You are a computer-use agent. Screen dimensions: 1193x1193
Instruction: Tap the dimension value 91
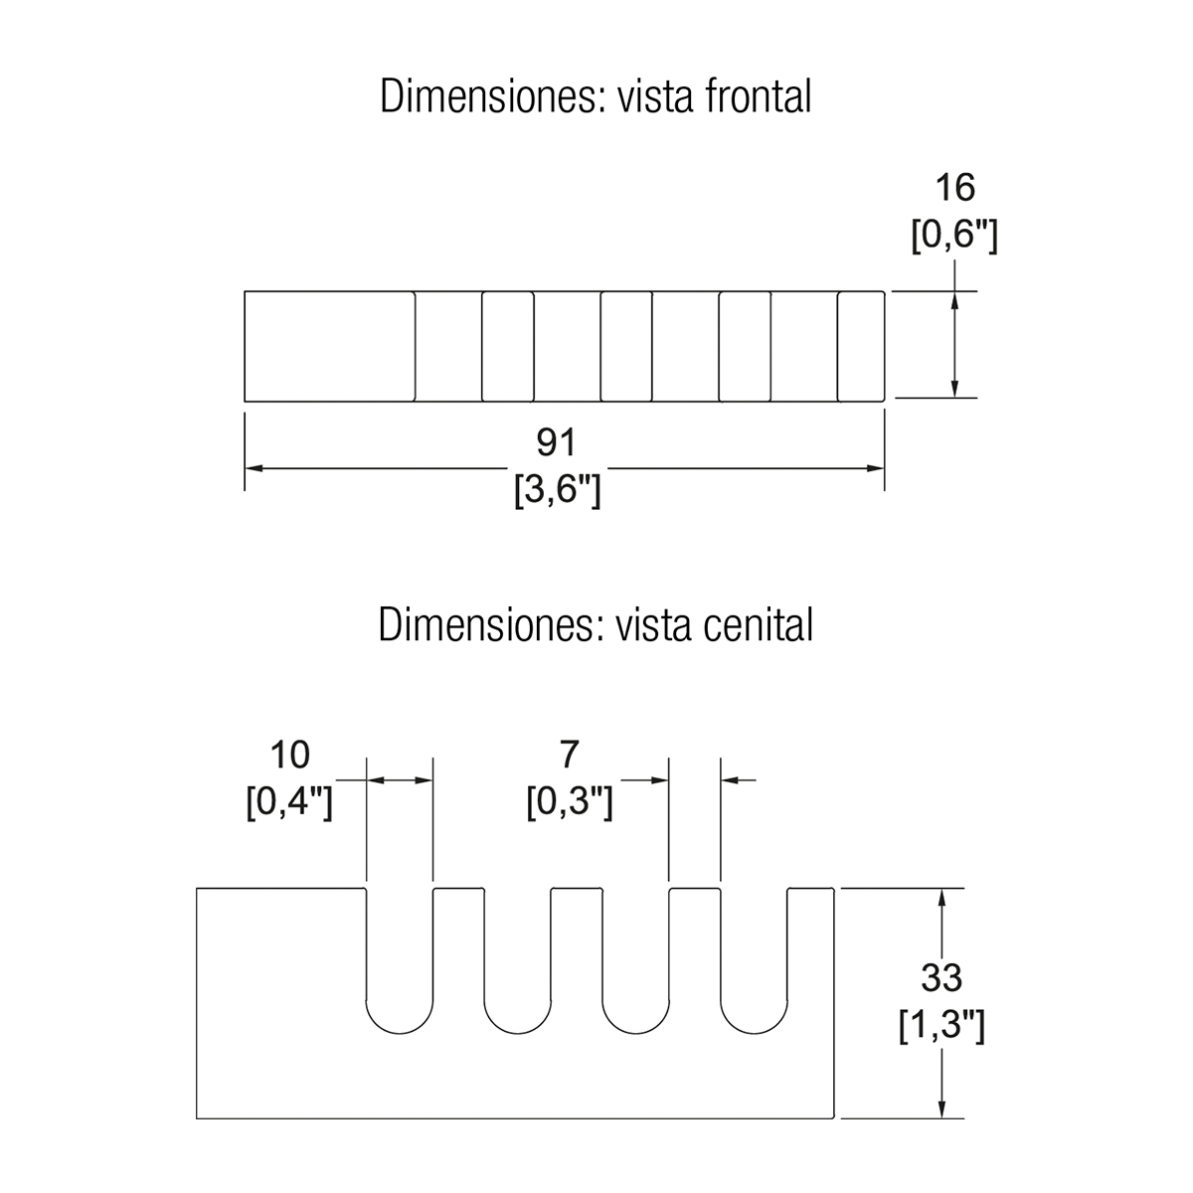click(x=557, y=441)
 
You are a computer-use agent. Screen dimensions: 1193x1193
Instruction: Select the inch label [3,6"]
click(x=557, y=491)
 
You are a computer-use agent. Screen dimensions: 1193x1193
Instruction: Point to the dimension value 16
click(x=954, y=187)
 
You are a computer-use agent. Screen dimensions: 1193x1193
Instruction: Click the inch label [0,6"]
click(x=954, y=237)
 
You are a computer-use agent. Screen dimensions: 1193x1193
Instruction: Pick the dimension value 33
click(x=940, y=978)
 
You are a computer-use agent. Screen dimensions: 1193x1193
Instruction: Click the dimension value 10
click(x=289, y=755)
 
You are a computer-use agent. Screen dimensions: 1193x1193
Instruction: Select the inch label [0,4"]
click(x=289, y=802)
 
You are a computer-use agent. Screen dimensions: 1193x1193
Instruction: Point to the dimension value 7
click(x=569, y=755)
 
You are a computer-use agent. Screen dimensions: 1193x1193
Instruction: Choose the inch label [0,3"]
click(x=569, y=802)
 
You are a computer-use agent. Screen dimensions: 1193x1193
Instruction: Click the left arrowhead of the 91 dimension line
click(x=253, y=467)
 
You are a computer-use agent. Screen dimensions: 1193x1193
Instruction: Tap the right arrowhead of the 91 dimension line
click(x=876, y=467)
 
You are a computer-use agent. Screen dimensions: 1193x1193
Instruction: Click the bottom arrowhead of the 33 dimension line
click(x=941, y=1109)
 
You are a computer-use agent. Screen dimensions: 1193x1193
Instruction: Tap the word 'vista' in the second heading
click(x=650, y=626)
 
